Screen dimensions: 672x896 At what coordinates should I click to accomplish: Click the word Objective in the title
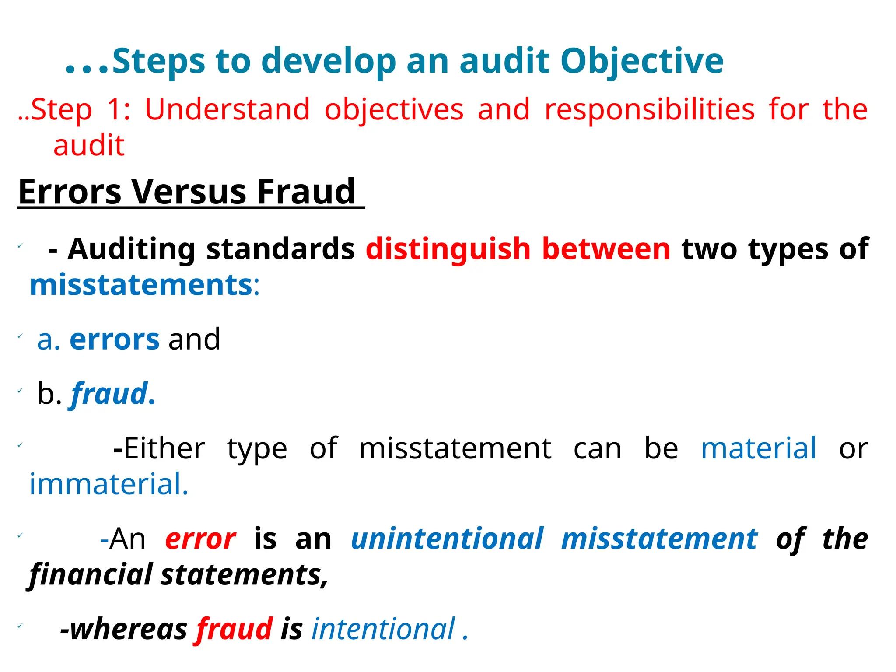(642, 61)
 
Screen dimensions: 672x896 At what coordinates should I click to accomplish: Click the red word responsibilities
(649, 109)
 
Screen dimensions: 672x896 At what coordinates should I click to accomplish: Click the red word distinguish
(448, 249)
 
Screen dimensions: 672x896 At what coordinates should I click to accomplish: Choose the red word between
(606, 249)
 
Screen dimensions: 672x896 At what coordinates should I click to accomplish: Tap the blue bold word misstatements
(141, 285)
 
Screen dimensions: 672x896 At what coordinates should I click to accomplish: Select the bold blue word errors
(115, 339)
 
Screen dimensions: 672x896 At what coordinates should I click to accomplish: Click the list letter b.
(46, 393)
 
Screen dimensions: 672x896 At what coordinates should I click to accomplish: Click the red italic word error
(200, 539)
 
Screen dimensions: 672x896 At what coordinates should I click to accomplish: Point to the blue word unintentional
(447, 539)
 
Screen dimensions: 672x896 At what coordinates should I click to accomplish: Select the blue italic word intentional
(383, 630)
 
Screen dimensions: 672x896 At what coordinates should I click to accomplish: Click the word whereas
(124, 630)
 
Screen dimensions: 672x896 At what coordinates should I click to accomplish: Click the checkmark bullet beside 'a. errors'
(20, 336)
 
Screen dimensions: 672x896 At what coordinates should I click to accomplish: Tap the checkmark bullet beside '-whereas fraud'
(20, 626)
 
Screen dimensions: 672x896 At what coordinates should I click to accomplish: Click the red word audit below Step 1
(89, 145)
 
